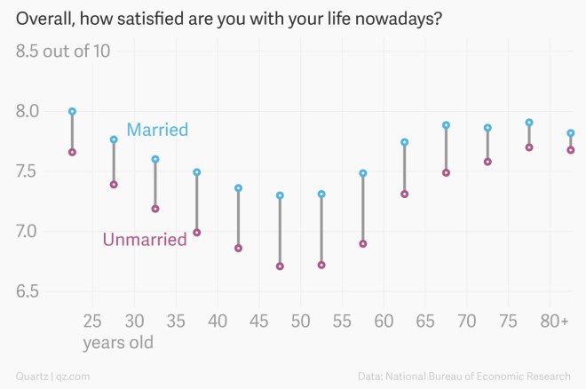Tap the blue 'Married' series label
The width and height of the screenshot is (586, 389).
point(157,130)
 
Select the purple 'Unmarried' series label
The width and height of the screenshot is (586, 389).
point(145,239)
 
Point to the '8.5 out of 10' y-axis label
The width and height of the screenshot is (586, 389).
point(63,51)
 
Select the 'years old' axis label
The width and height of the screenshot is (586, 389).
point(118,343)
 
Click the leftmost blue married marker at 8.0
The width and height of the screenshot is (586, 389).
point(72,112)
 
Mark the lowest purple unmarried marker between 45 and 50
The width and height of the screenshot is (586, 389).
point(280,266)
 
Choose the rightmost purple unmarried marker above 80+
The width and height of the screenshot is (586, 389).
point(570,150)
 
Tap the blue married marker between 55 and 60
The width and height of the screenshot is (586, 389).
point(363,173)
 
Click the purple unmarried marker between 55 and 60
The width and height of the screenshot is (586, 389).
point(363,243)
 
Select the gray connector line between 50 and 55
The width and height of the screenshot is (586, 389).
point(321,229)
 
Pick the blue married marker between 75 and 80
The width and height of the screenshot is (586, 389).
point(529,123)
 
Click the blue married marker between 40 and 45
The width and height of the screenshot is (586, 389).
point(238,188)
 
